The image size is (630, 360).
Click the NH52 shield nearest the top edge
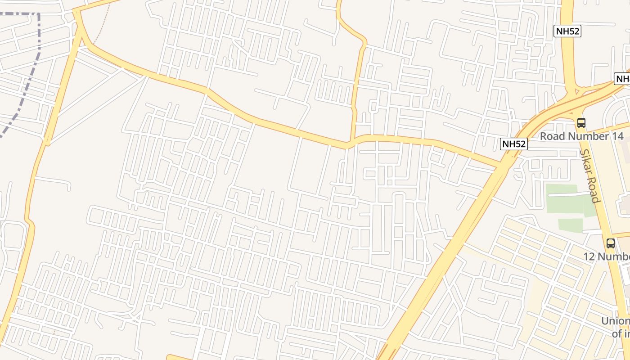pos(567,31)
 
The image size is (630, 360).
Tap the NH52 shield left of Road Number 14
pos(513,144)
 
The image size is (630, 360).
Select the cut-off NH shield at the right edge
pos(622,79)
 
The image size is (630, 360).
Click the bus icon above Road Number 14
pos(581,122)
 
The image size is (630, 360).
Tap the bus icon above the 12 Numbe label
pos(611,243)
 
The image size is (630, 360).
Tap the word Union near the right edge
pos(616,321)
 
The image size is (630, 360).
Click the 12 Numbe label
pos(607,256)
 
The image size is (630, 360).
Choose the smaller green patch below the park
pos(571,225)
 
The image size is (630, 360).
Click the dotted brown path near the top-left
pos(102,27)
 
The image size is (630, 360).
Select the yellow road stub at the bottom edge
pos(178,357)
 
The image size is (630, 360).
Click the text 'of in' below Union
pos(621,334)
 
